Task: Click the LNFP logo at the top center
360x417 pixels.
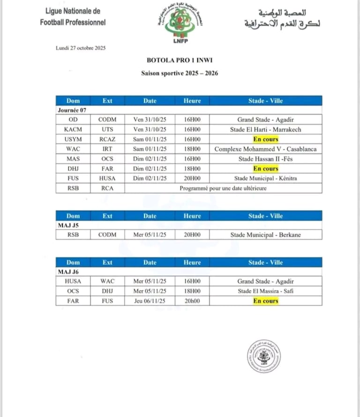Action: (x=180, y=25)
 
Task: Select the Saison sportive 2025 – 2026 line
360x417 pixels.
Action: (x=180, y=73)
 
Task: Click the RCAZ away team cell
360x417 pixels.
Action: (x=107, y=139)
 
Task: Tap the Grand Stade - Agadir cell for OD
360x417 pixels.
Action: (x=265, y=119)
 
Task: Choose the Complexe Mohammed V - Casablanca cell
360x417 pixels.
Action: (x=265, y=149)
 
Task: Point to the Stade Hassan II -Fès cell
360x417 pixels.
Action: (x=265, y=159)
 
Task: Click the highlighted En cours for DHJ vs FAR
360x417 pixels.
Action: (x=265, y=169)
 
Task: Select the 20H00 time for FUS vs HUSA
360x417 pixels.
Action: (x=192, y=179)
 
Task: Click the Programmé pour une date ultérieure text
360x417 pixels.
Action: (x=223, y=188)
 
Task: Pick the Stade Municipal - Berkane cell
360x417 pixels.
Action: (x=265, y=235)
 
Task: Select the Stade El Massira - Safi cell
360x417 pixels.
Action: (x=265, y=291)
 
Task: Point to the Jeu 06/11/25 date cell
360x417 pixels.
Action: (x=150, y=301)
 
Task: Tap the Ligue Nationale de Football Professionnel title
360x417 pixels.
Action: (x=73, y=16)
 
